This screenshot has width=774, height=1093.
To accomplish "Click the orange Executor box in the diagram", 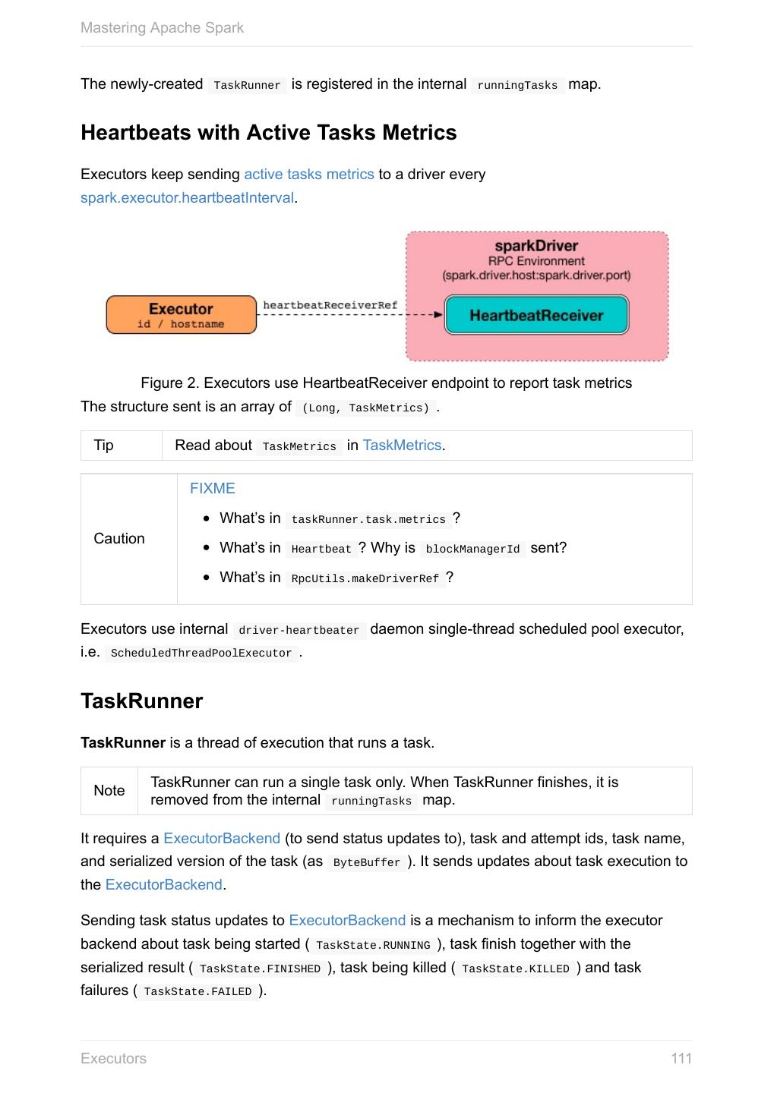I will (181, 315).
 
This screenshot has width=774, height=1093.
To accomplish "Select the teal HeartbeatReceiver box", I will (536, 315).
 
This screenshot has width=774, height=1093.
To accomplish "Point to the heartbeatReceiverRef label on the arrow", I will (330, 305).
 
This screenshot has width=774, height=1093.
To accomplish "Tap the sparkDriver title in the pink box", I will (536, 246).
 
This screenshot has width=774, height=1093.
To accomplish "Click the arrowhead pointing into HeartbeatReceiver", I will (438, 314).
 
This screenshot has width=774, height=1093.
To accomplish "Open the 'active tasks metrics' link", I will (308, 175).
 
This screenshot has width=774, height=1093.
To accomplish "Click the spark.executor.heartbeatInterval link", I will (187, 198).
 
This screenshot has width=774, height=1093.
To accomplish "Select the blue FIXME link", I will (213, 489).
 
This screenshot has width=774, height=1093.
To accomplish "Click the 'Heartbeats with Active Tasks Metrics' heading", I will (269, 133).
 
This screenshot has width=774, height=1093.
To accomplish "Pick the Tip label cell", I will (104, 446).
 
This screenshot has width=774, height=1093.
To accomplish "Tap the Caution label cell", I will (119, 539).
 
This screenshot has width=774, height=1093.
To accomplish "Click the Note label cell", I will (109, 791).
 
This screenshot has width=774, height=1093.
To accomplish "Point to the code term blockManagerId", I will (472, 550).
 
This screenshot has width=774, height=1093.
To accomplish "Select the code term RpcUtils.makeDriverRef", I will (365, 579).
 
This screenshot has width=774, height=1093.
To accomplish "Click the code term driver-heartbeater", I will (299, 631).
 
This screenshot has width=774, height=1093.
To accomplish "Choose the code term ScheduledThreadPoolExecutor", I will (201, 654).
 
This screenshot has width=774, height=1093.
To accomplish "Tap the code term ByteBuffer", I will (366, 863).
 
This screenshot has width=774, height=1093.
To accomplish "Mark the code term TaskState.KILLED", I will (515, 969).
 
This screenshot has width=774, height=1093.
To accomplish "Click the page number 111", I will (681, 1059).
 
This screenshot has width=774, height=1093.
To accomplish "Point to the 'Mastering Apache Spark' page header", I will (162, 28).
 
